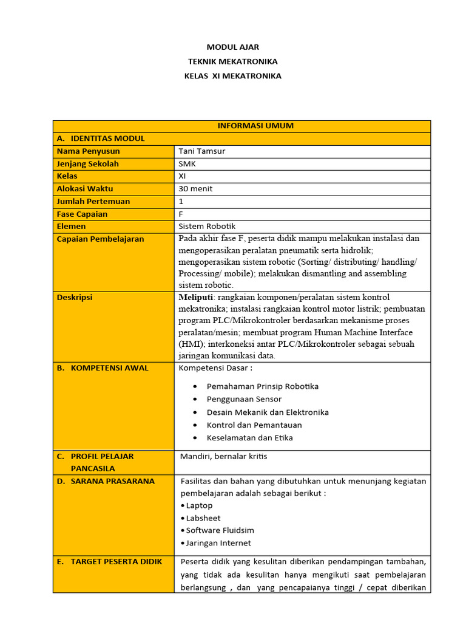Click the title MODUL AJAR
[x=232, y=47]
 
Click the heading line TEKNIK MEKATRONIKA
[x=232, y=61]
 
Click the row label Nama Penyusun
[x=88, y=151]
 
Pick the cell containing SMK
[x=187, y=164]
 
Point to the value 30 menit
[x=195, y=189]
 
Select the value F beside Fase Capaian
[x=181, y=214]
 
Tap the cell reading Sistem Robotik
[x=207, y=226]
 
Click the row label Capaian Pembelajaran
[x=100, y=239]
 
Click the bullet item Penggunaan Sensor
[x=244, y=399]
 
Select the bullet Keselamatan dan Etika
[x=250, y=438]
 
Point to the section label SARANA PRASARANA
[x=112, y=481]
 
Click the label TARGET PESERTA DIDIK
[x=116, y=562]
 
